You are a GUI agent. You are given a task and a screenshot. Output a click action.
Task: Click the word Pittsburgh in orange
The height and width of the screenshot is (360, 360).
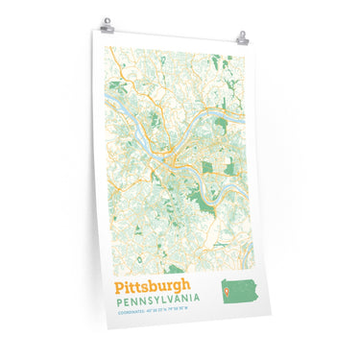153,287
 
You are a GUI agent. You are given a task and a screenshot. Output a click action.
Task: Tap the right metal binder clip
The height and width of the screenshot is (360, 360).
242,39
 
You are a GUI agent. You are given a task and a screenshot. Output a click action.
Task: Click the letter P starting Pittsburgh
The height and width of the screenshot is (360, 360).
119,286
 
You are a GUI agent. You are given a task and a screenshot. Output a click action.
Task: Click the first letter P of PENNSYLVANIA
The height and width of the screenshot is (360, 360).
117,301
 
